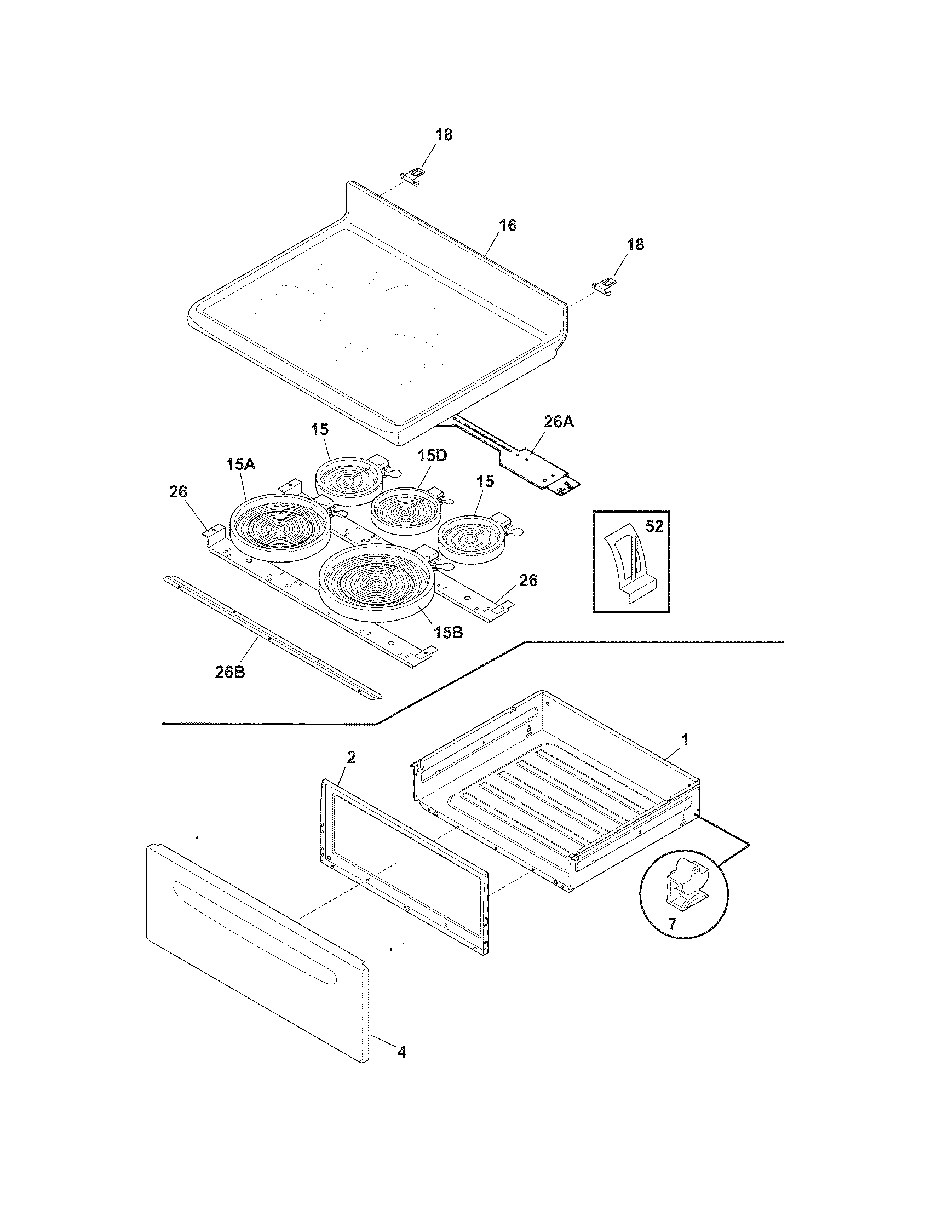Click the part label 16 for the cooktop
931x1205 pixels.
(508, 225)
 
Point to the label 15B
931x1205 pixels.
(447, 633)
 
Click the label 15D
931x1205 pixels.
(432, 456)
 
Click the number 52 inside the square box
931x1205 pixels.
(653, 526)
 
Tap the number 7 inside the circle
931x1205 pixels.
(671, 924)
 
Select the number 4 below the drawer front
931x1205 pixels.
(401, 1053)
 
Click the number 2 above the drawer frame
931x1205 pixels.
(352, 758)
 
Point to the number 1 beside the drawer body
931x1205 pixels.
(685, 741)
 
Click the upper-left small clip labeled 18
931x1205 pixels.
(413, 175)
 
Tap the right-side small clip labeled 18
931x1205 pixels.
(605, 286)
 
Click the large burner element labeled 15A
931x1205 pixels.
(280, 527)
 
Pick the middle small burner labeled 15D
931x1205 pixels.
(406, 508)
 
